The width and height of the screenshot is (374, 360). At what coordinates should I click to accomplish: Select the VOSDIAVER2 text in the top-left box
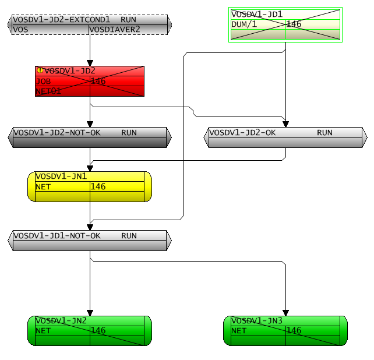[115, 29]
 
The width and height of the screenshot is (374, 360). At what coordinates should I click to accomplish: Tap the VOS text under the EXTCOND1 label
[20, 29]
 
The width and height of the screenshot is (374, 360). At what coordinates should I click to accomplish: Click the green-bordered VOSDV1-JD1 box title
[257, 14]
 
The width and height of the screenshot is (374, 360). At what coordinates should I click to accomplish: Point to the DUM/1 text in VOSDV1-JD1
[244, 24]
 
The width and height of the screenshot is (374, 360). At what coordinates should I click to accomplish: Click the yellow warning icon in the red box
[40, 70]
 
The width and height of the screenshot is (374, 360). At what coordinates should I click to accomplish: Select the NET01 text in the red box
[49, 91]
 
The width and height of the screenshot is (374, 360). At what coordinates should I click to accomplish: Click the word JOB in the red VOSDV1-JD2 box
[44, 81]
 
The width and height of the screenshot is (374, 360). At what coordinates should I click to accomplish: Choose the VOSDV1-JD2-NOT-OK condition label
[57, 132]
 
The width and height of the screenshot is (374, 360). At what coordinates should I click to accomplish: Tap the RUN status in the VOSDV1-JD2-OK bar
[324, 132]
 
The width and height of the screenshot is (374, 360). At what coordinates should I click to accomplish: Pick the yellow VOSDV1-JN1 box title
[61, 176]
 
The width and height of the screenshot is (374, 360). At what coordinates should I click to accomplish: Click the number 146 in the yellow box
[98, 186]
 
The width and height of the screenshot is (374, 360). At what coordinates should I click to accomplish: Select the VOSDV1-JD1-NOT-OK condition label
[57, 236]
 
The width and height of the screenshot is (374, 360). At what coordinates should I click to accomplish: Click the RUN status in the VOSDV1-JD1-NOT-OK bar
[129, 236]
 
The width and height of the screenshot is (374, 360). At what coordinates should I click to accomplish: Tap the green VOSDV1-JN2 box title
[61, 320]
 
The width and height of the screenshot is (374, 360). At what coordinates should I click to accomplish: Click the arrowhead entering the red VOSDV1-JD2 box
[90, 62]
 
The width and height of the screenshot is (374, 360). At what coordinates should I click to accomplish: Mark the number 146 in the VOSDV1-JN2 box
[98, 330]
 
